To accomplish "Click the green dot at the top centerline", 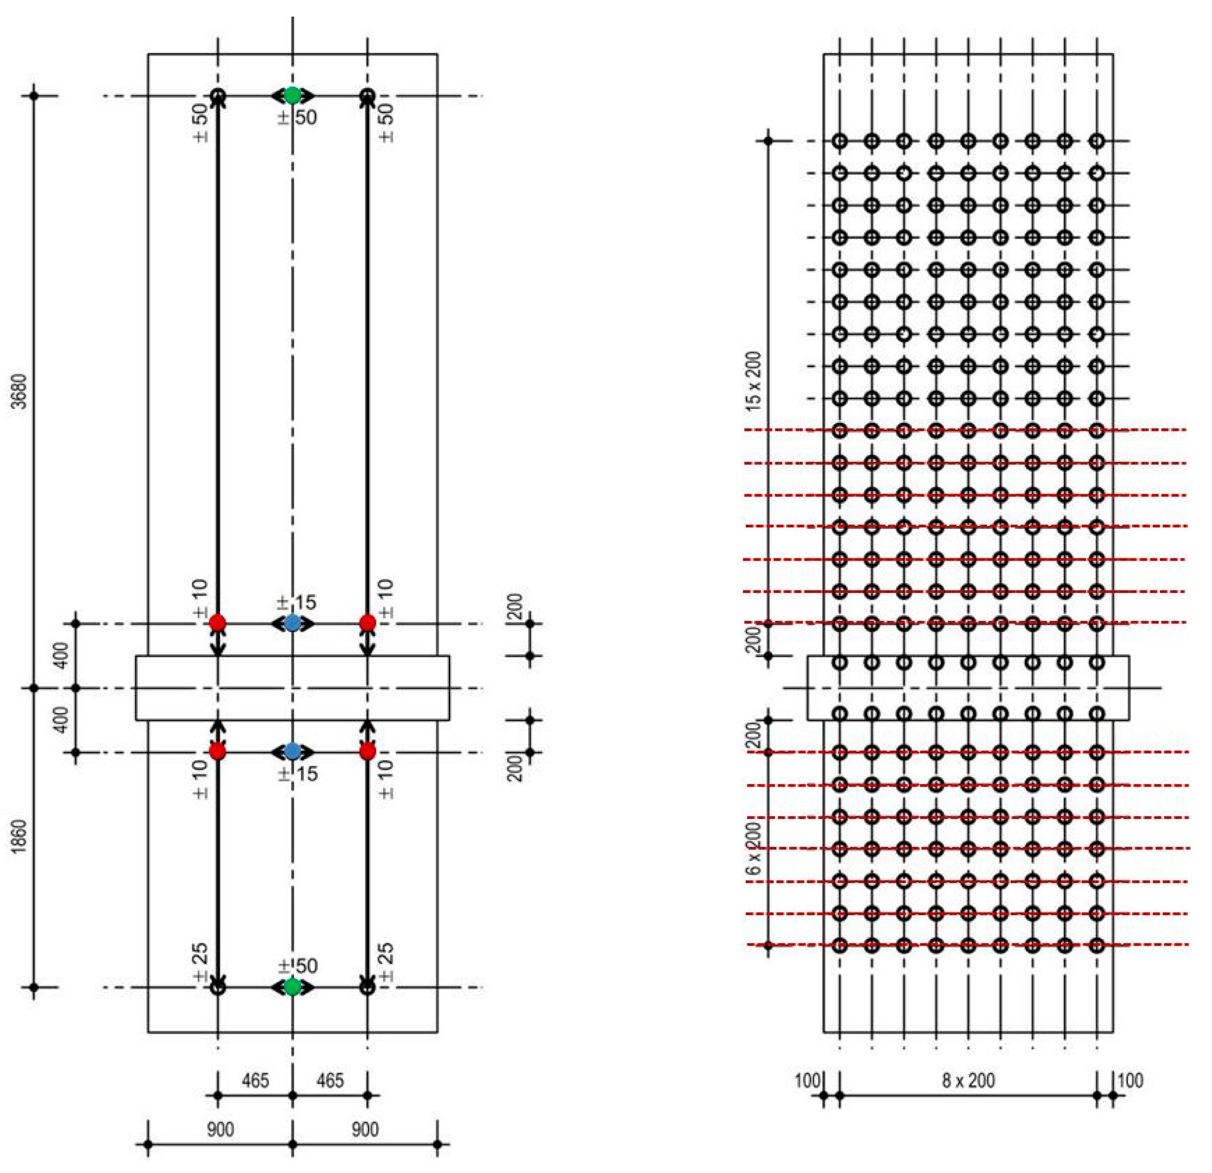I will [x=292, y=95].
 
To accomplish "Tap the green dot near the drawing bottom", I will [x=292, y=987].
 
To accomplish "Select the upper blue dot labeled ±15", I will [x=292, y=623].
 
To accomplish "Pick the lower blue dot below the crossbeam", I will [x=292, y=752].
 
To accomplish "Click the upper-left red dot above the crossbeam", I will [x=217, y=623].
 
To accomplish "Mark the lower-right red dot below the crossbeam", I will [x=367, y=752].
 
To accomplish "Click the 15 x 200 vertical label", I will [x=754, y=381].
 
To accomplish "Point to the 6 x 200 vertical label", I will [x=754, y=848].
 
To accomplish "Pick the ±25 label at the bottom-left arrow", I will [x=200, y=963].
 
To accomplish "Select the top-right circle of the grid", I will [x=1097, y=141].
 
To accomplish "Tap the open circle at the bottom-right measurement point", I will [x=367, y=987].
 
